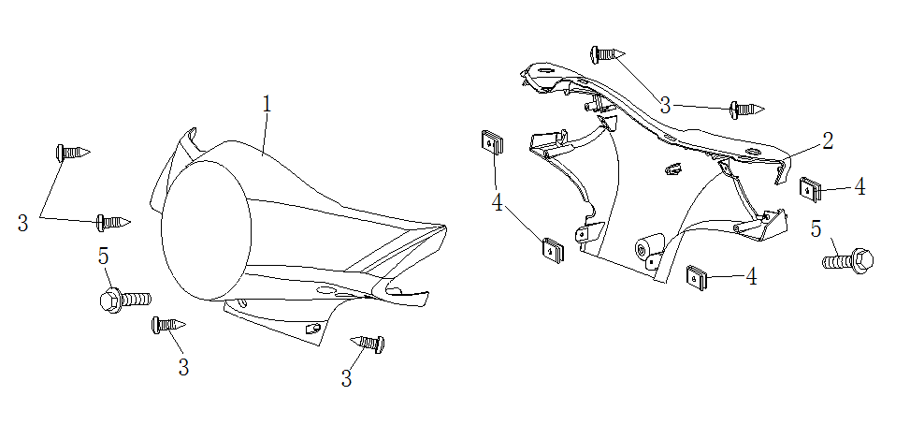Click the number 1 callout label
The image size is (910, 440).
pos(267,104)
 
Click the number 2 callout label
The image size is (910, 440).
pos(827,141)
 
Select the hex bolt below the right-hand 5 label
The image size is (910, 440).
pos(848,259)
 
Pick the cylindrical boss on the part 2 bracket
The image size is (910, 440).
pos(646,249)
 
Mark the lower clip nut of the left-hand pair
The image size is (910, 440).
pos(553,249)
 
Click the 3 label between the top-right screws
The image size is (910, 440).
pos(665,104)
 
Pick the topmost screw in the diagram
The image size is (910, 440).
pos(606,54)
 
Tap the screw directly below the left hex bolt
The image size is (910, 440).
pos(167,325)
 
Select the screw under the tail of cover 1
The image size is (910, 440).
pos(367,343)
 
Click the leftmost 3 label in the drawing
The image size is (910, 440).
pos(23,223)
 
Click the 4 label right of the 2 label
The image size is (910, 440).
pos(859,186)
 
